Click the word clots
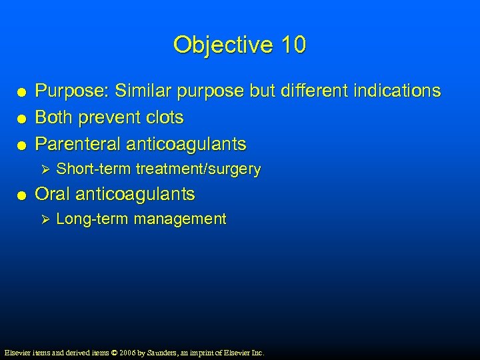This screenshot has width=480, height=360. point(163,117)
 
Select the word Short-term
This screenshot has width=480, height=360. point(93,169)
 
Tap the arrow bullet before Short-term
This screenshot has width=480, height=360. point(45,169)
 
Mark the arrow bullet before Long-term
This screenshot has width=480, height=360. point(45,219)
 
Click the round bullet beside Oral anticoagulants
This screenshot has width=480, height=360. point(23,195)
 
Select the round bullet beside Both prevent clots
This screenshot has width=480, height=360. point(23,119)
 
